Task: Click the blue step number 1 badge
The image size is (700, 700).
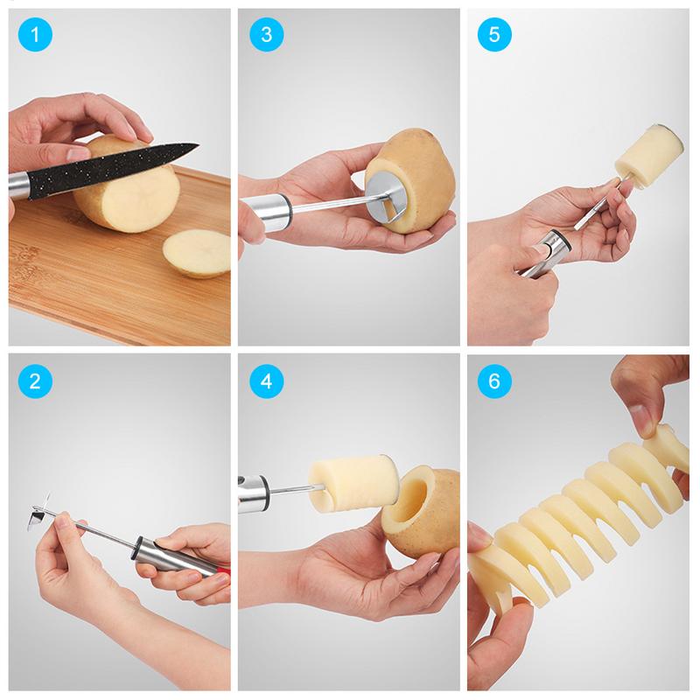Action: (x=34, y=35)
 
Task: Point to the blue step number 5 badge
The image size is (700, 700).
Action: (x=493, y=35)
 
